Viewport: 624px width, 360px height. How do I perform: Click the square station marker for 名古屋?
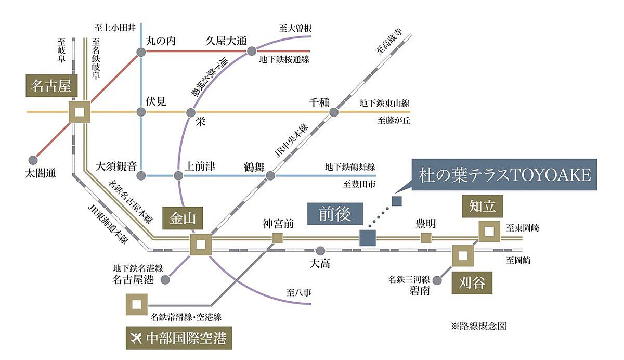80,112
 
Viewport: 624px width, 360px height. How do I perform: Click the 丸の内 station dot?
141,52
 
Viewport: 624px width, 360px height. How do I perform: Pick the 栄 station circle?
191,112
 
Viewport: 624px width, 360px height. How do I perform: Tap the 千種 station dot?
334,112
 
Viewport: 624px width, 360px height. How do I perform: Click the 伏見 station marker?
141,112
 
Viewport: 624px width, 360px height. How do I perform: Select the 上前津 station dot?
178,175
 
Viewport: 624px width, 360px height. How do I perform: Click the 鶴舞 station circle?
270,175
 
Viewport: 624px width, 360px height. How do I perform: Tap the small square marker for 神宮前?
278,238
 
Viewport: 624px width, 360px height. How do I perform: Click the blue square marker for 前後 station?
367,238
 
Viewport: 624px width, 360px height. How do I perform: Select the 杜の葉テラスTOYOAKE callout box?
505,175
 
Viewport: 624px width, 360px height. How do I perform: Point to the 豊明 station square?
426,238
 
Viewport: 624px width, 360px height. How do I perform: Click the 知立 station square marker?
489,232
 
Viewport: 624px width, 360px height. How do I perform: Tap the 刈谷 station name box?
472,284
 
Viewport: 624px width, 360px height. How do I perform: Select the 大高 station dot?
321,250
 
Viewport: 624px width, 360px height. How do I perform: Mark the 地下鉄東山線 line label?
384,104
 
